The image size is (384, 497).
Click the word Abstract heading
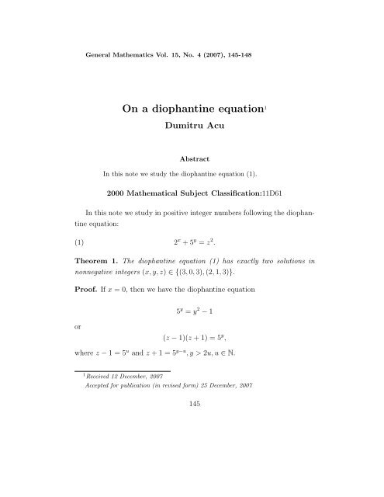pos(192,156)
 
